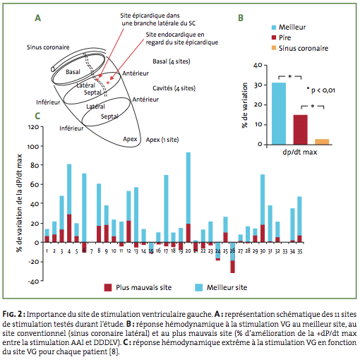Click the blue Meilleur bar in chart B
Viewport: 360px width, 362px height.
click(x=279, y=114)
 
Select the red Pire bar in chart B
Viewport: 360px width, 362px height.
click(x=300, y=130)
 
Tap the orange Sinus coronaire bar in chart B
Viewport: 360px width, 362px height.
click(x=322, y=142)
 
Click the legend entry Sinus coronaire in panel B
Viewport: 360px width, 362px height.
click(x=304, y=48)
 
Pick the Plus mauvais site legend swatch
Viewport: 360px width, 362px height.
click(x=108, y=287)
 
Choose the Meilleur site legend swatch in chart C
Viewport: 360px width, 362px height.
click(x=199, y=287)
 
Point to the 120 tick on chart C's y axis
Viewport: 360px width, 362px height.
click(x=33, y=127)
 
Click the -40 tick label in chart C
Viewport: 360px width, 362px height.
click(x=33, y=282)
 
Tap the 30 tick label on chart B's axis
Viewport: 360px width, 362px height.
click(x=258, y=85)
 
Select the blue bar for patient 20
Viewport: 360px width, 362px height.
click(x=188, y=188)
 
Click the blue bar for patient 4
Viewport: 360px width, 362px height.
click(x=69, y=189)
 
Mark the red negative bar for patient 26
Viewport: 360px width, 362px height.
click(x=233, y=267)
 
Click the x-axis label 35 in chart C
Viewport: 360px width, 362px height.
click(x=300, y=251)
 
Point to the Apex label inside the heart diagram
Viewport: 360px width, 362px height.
click(x=130, y=139)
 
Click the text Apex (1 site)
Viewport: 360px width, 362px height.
click(x=162, y=140)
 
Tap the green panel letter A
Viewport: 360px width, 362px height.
click(x=38, y=18)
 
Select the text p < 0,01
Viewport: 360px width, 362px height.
click(x=323, y=90)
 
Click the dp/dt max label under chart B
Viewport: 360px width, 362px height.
click(x=300, y=152)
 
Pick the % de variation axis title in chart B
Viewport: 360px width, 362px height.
click(x=245, y=105)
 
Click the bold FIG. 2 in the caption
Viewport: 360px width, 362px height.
click(x=12, y=314)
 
